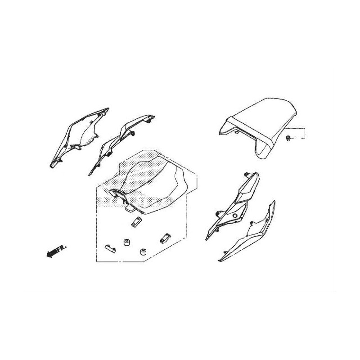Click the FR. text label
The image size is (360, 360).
point(62,249)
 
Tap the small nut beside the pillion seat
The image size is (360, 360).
point(288,138)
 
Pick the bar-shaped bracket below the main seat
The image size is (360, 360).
point(110,248)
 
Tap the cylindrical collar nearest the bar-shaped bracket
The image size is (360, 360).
point(126,242)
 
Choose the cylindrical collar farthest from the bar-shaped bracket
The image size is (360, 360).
point(143,252)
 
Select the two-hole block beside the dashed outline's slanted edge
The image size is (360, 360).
point(165,238)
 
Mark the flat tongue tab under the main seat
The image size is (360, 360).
point(130,209)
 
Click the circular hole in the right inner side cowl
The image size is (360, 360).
point(235,216)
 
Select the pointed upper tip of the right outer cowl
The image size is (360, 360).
point(274,202)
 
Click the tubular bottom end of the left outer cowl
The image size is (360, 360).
point(54,164)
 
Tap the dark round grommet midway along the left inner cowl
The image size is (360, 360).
point(110,153)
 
